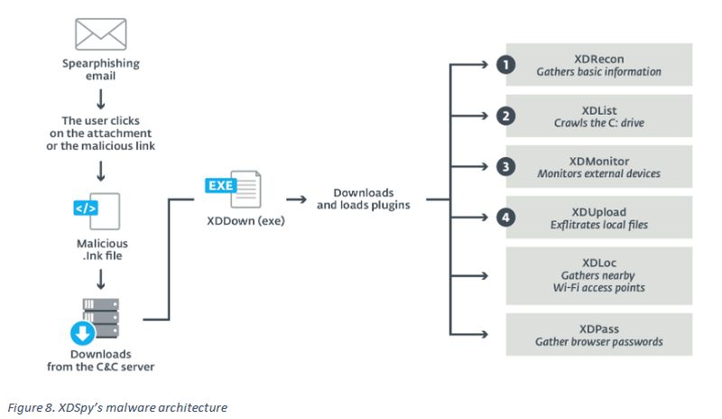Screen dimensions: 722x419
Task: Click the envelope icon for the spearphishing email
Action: click(x=101, y=34)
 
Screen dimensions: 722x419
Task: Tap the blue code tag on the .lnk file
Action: click(x=86, y=209)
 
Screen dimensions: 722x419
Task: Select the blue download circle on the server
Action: click(x=83, y=333)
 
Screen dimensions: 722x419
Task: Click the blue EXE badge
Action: click(x=221, y=185)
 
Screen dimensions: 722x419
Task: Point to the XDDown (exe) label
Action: click(x=245, y=221)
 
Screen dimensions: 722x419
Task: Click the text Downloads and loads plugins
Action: click(x=364, y=199)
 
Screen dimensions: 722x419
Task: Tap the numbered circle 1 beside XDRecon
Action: click(x=506, y=64)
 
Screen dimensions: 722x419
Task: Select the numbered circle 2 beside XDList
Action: click(x=506, y=116)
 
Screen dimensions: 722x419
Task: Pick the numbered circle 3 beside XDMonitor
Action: click(x=506, y=166)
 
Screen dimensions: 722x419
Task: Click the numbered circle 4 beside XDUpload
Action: click(x=506, y=217)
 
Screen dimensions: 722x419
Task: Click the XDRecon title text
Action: click(x=599, y=59)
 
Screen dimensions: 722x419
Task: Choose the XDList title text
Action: click(x=599, y=111)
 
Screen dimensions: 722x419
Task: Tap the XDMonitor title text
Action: click(x=599, y=162)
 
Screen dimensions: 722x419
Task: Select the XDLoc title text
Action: click(x=599, y=263)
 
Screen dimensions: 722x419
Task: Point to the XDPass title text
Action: click(x=599, y=329)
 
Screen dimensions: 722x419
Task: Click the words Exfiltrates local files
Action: click(x=599, y=225)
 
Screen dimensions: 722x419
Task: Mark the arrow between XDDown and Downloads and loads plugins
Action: click(x=296, y=200)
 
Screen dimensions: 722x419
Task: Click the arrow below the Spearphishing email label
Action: click(x=101, y=98)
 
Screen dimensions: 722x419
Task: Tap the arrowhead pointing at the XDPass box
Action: click(x=484, y=334)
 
